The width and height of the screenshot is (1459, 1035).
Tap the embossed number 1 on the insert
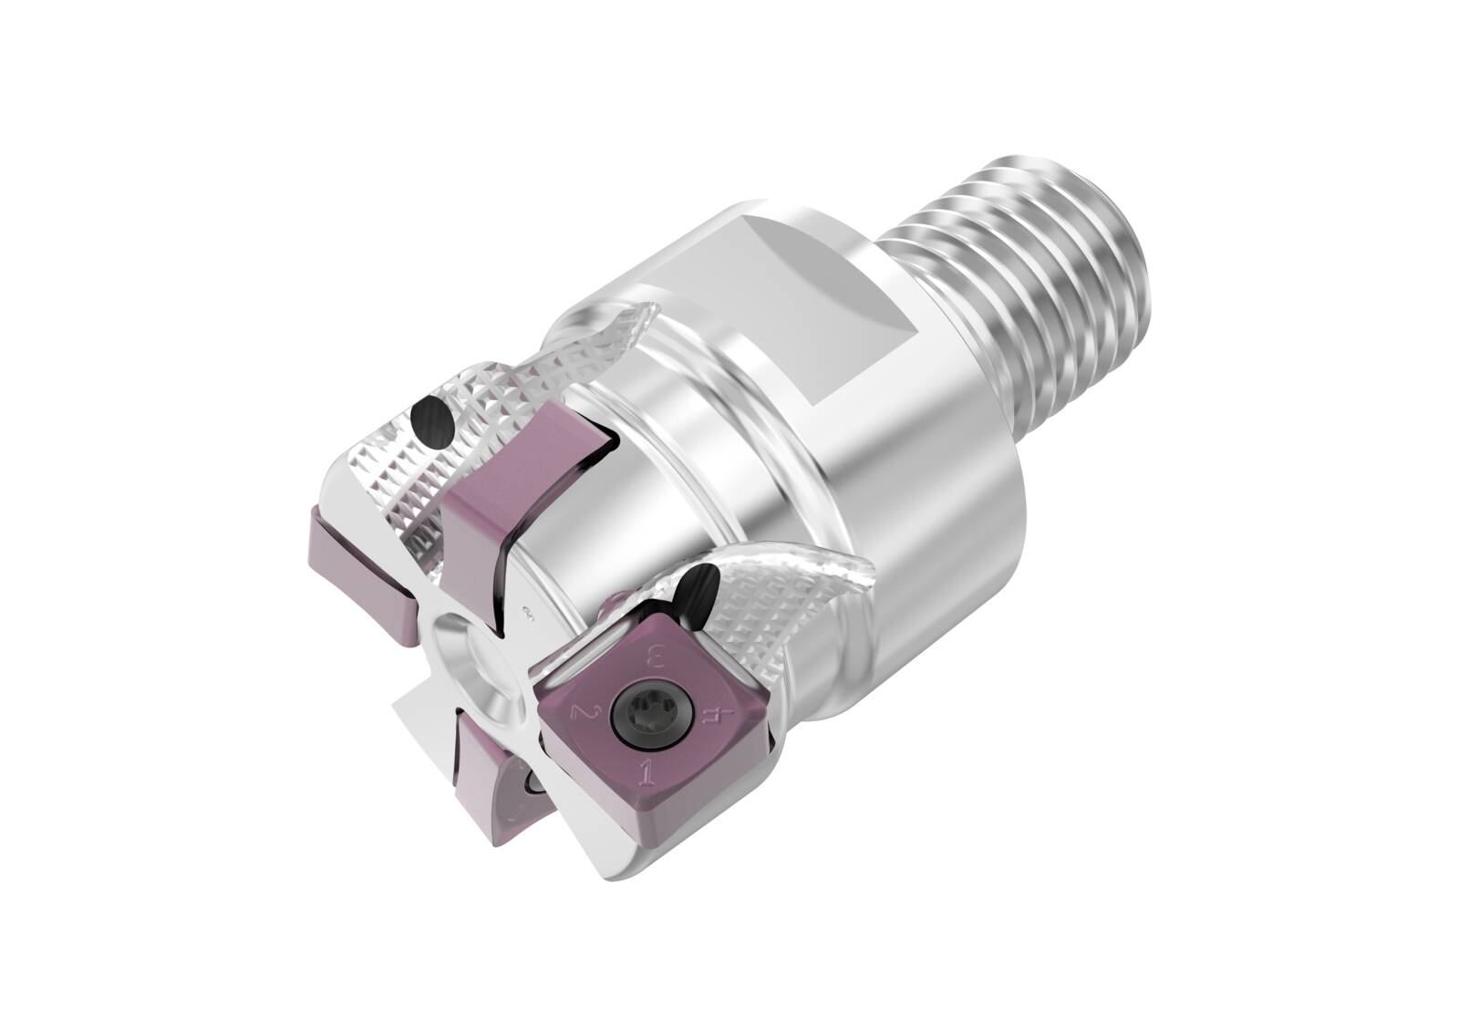(x=648, y=774)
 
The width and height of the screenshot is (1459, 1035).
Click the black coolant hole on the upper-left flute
(x=432, y=422)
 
